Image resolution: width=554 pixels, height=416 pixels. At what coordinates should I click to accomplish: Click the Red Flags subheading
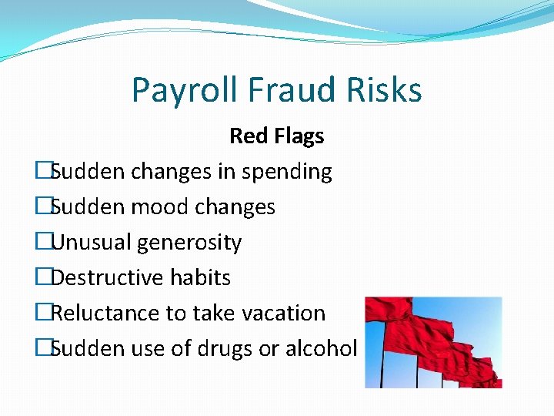tap(276, 136)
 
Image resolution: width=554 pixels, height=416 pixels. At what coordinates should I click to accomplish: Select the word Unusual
tap(91, 243)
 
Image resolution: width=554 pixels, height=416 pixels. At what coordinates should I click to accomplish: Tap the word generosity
tap(189, 243)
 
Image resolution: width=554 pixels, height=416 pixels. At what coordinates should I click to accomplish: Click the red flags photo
tap(432, 342)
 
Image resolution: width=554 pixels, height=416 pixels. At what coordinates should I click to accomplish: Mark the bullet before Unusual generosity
tap(42, 243)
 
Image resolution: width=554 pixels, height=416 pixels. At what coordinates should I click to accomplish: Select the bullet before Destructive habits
tap(42, 278)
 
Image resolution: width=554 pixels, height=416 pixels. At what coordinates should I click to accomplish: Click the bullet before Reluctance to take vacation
tap(42, 314)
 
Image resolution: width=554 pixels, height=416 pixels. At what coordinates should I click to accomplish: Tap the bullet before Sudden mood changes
tap(42, 207)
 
